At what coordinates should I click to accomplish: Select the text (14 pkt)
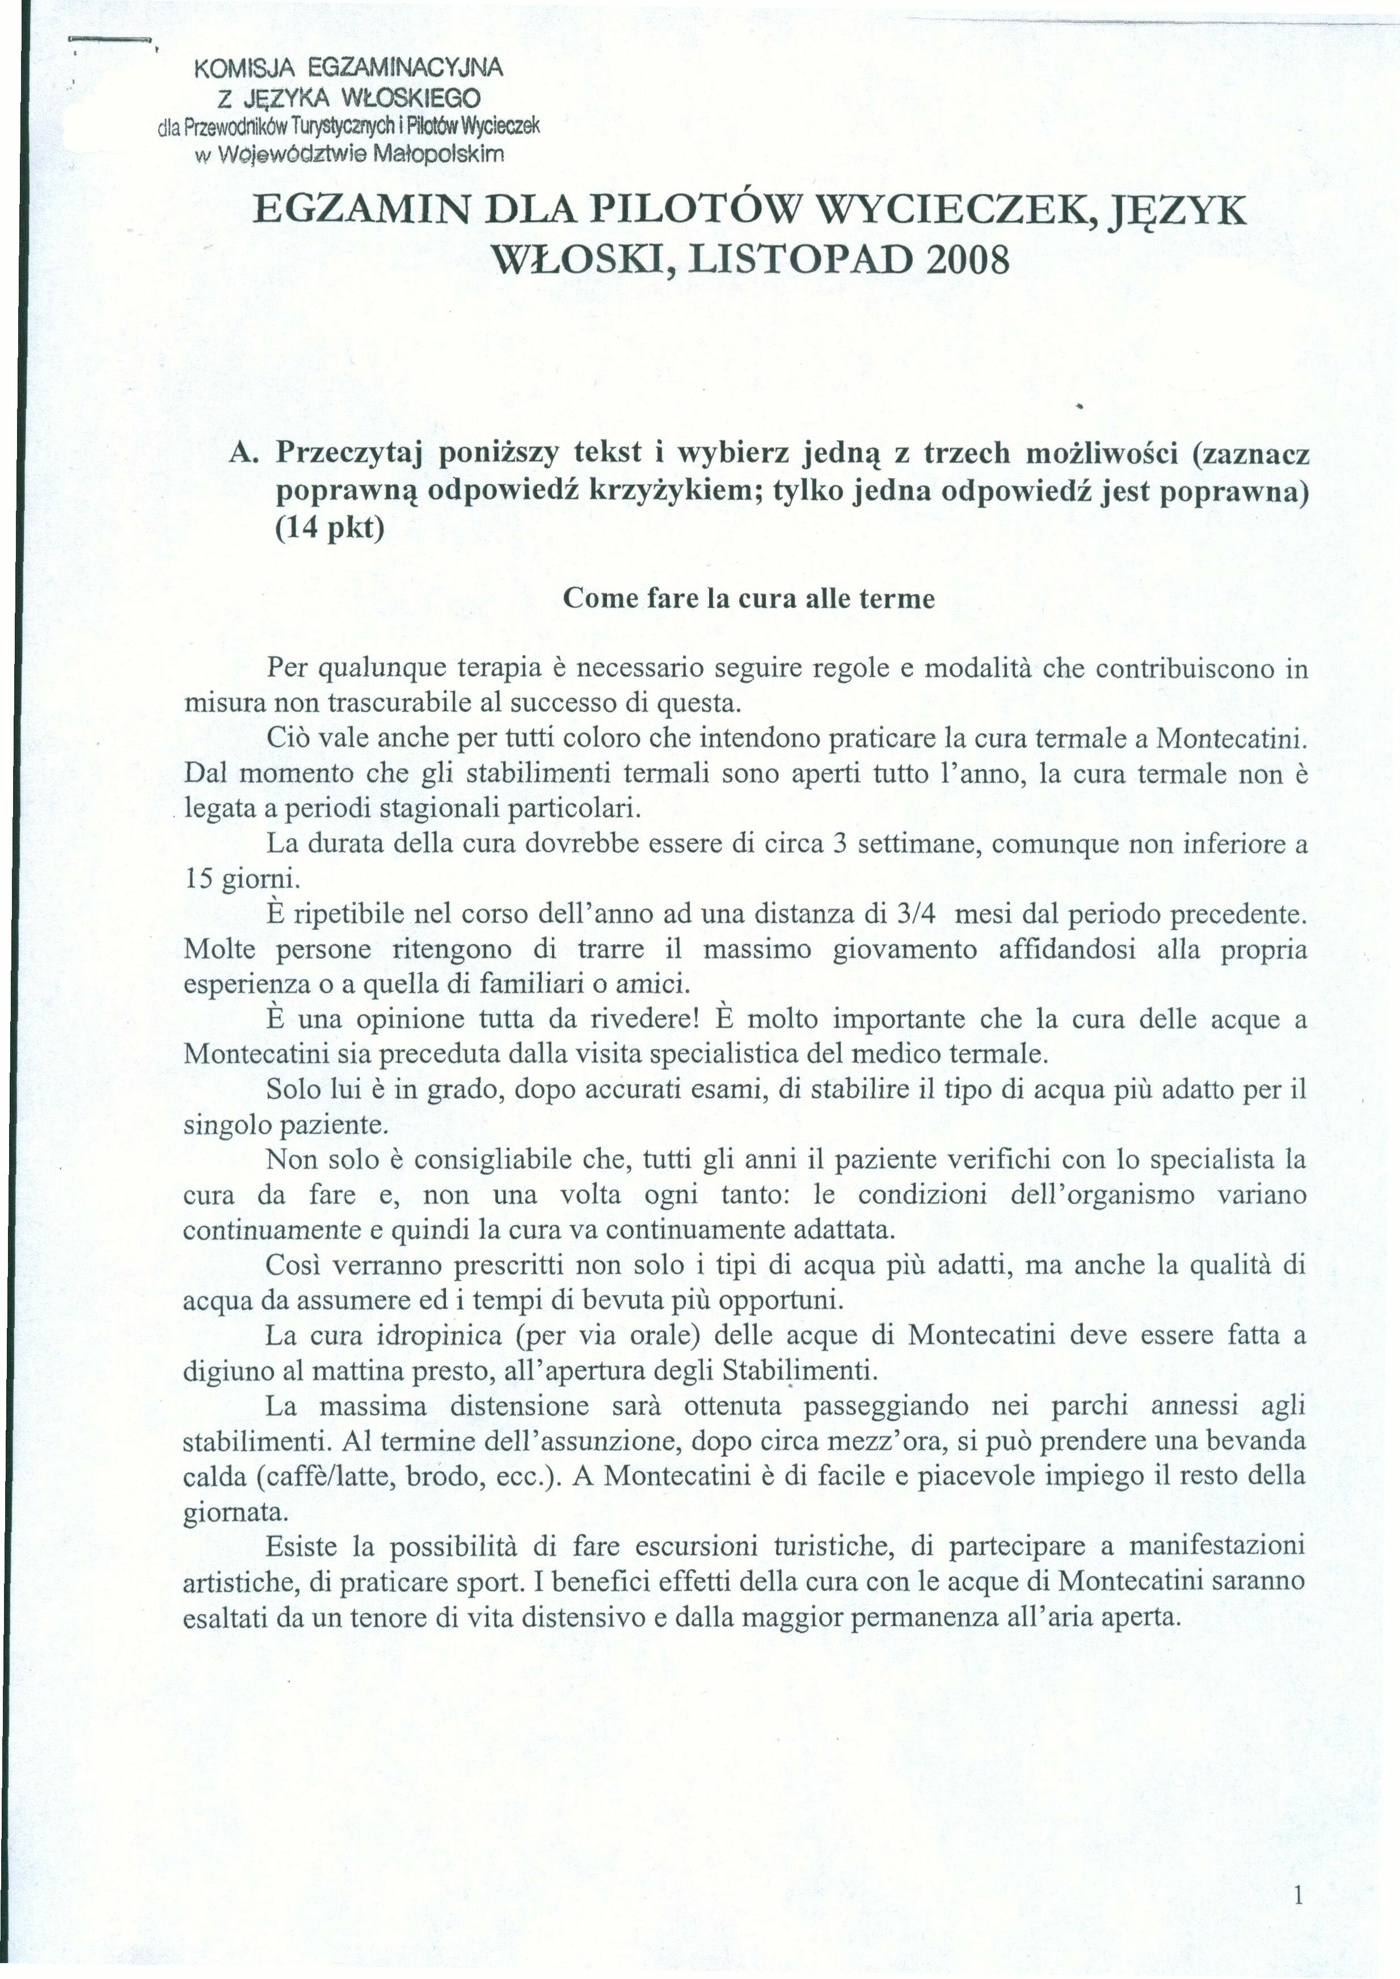click(x=330, y=526)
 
